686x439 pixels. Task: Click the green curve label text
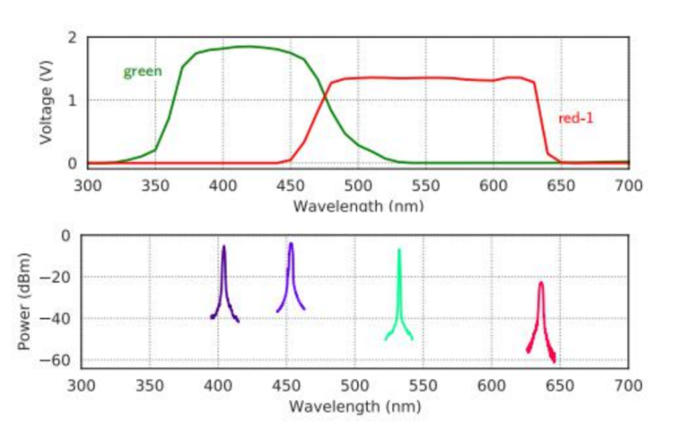click(142, 71)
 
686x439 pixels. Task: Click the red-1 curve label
click(576, 117)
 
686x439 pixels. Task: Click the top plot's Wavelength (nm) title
click(358, 205)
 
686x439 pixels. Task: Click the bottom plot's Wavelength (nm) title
click(354, 406)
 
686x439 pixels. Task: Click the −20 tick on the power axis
click(58, 278)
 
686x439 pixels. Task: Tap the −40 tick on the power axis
click(58, 319)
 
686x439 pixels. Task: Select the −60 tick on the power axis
click(58, 361)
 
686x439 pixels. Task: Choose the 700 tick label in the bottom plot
click(628, 385)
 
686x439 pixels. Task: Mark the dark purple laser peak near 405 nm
click(224, 249)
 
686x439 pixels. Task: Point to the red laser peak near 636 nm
click(541, 285)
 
